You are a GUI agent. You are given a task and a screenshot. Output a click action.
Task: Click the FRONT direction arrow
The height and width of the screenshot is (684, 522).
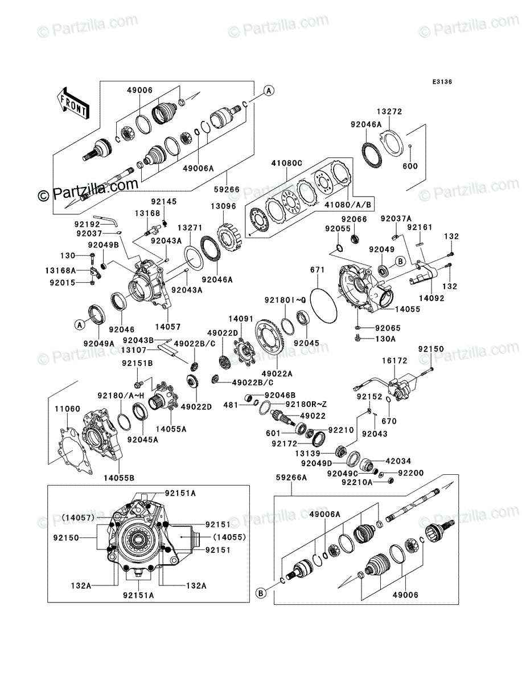[x=73, y=103]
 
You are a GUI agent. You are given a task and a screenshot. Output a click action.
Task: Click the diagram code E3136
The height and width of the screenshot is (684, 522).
[x=442, y=82]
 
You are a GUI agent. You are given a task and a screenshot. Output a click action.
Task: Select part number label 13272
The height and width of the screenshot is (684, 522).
[x=389, y=112]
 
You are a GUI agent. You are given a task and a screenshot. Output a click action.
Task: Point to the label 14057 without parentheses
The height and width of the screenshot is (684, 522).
[x=168, y=327]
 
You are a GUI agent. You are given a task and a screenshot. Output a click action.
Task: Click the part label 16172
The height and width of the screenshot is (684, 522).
[x=394, y=361]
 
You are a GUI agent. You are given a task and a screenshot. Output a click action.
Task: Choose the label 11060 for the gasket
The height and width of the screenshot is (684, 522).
[x=68, y=409]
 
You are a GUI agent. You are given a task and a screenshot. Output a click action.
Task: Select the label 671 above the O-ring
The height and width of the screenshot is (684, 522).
[x=317, y=270]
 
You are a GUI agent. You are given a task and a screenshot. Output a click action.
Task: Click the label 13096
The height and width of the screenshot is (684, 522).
[x=223, y=206]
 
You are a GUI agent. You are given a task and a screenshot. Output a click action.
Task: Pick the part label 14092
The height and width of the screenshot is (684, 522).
[x=431, y=298]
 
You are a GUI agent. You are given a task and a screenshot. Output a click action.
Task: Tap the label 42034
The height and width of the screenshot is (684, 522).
[x=398, y=461]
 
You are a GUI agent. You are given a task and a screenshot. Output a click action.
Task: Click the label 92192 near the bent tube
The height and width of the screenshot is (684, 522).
[x=87, y=225]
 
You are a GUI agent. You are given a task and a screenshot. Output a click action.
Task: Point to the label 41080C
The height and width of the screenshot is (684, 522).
[x=286, y=163]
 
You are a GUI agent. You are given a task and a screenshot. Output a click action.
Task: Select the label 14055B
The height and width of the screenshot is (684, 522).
[x=119, y=478]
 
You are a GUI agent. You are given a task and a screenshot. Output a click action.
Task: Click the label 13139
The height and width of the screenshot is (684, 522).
[x=307, y=454]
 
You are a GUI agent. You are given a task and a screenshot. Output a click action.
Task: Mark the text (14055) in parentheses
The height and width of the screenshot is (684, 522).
[x=229, y=538]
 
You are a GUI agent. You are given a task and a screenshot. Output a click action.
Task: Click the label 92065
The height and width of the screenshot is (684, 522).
[x=388, y=328]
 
